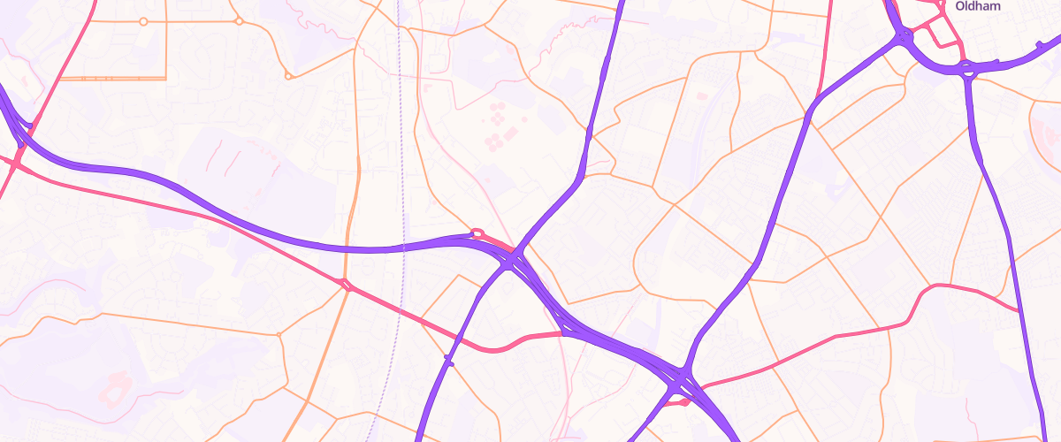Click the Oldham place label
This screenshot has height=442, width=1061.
point(977,6)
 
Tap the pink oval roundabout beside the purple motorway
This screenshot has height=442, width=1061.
point(477,234)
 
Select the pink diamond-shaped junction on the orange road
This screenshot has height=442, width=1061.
point(346,285)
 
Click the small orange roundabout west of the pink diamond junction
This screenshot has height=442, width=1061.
point(279,334)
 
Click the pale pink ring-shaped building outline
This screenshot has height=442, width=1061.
point(115,385)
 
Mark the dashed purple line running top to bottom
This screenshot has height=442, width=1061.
point(399,221)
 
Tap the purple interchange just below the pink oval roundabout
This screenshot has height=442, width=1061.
point(514,260)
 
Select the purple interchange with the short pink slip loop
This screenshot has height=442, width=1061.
point(681,386)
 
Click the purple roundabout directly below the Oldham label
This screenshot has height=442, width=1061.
point(967,68)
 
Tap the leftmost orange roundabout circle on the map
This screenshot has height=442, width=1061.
point(143,20)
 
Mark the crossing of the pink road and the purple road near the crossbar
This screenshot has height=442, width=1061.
point(461,339)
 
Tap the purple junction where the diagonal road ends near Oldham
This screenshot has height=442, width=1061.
point(904,36)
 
